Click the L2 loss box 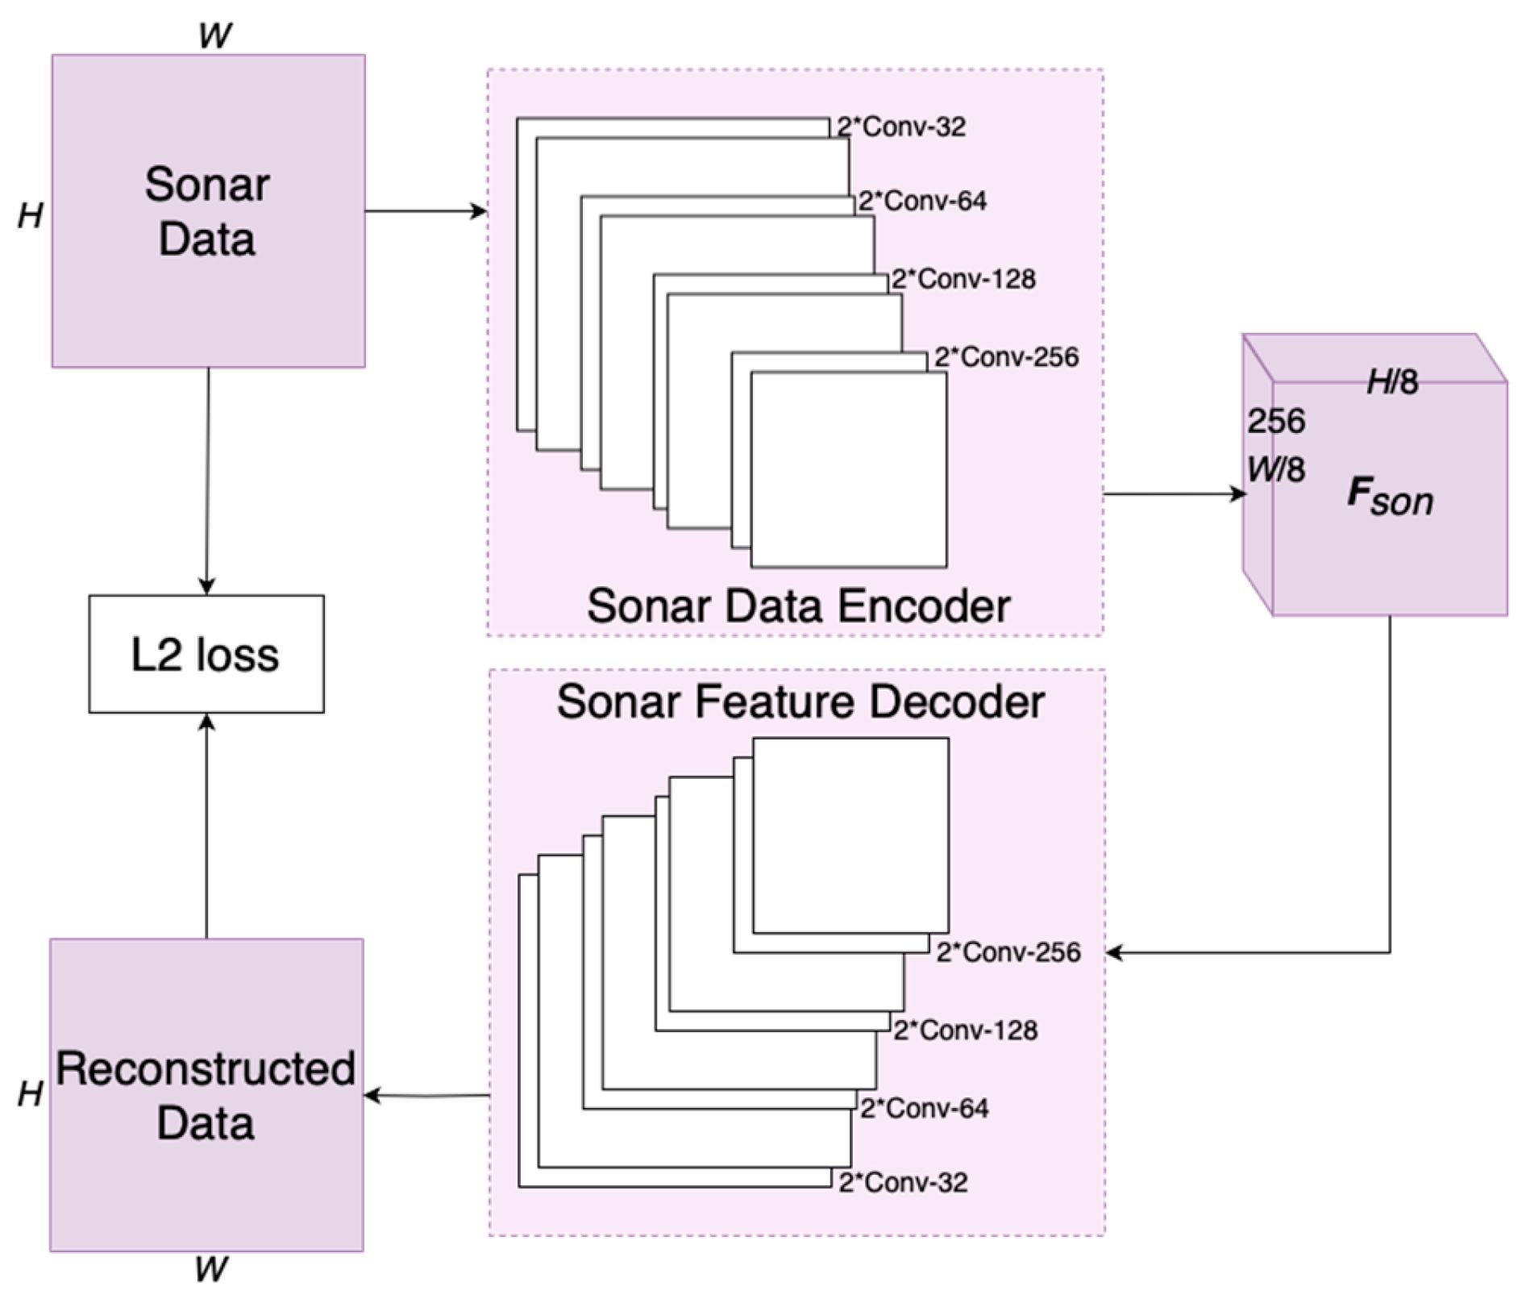[x=206, y=654]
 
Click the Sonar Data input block [x=208, y=211]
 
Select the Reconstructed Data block [x=206, y=1094]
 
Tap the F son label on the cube [x=1390, y=497]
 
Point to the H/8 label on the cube [x=1392, y=382]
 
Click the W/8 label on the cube [x=1275, y=469]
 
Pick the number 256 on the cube [x=1276, y=421]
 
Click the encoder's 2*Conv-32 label [x=900, y=127]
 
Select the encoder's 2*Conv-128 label [x=963, y=279]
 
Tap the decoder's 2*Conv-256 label [x=1008, y=952]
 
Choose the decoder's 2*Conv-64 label [x=924, y=1108]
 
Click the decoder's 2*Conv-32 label [x=903, y=1182]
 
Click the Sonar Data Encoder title [x=798, y=606]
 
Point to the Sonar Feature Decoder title [x=800, y=702]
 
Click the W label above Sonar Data [x=214, y=36]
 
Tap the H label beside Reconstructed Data [x=31, y=1094]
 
